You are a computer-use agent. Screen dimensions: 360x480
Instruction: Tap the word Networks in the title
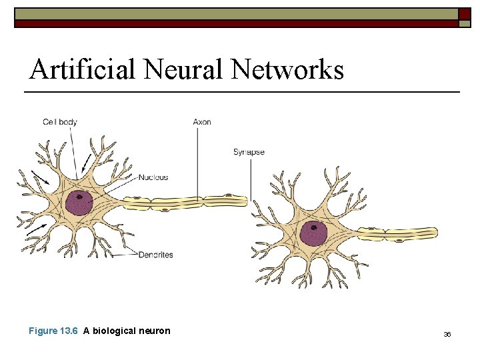click(288, 69)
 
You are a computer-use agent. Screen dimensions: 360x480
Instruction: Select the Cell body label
click(60, 122)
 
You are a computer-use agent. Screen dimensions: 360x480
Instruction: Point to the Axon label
click(202, 122)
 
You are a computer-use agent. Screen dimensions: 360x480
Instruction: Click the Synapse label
click(249, 152)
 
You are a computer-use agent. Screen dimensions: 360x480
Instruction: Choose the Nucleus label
click(153, 177)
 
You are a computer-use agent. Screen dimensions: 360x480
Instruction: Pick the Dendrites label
click(155, 255)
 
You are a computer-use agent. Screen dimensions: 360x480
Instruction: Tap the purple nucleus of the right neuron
click(313, 233)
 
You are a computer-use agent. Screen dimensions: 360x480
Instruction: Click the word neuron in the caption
click(157, 331)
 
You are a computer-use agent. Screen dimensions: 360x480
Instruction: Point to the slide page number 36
click(447, 334)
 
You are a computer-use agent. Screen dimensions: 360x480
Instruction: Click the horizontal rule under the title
click(243, 91)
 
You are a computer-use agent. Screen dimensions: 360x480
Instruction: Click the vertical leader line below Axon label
click(197, 160)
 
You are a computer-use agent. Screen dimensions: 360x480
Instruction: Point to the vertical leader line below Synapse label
click(251, 177)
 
